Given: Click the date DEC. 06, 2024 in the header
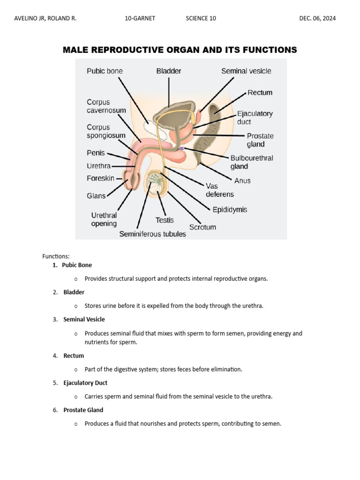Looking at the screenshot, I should coord(317,19).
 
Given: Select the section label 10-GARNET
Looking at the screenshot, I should coord(140,19).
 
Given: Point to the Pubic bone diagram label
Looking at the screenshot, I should coord(105,71).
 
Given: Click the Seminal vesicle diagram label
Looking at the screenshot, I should coord(246,71).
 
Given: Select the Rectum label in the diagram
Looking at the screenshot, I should coord(260,93).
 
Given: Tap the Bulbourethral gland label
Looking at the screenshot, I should coord(251,162).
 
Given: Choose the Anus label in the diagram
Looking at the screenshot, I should coord(242,180).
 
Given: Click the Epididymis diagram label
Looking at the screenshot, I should coord(230,210).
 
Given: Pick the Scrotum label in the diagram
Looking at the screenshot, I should coord(202,227).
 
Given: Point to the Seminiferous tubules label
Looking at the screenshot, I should coord(152,234).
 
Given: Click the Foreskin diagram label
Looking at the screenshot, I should coord(100,179).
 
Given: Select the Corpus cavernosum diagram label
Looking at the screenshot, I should coord(106,106).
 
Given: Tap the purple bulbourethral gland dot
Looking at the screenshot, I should coord(182,149).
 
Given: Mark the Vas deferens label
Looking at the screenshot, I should coord(219,190).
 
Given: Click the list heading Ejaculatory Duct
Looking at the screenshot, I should coord(85,383).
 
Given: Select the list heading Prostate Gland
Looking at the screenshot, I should coord(83,410).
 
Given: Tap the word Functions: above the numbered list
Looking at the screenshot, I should coord(56,256).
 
